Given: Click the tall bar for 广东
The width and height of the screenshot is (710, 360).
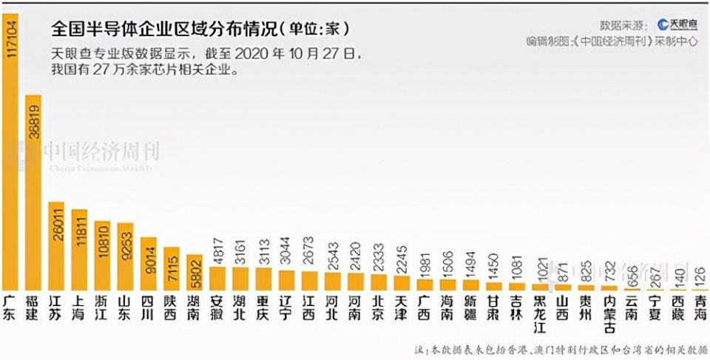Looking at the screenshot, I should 10,148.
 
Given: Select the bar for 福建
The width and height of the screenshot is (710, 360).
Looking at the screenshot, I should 33,192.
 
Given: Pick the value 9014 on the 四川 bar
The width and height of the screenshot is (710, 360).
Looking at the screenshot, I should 148,257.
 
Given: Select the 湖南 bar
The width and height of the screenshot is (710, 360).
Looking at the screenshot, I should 194,272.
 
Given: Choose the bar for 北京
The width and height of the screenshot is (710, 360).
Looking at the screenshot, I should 379,282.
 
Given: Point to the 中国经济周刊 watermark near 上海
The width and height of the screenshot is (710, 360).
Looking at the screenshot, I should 100,152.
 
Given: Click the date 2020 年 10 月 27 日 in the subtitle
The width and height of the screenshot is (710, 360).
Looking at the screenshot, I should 302,54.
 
